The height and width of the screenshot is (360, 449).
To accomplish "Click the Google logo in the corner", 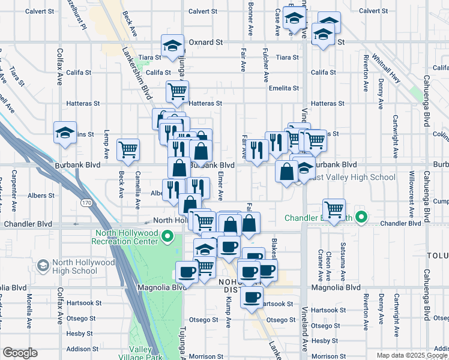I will (20, 353).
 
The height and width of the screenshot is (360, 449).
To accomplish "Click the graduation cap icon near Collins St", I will (65, 133).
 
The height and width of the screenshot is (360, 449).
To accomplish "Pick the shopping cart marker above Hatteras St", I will (178, 92).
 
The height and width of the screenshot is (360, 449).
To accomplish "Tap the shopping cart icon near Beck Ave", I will (128, 150).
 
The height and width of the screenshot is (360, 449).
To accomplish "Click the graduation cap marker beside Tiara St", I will (172, 46).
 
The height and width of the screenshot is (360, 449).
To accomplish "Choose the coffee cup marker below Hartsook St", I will (252, 296).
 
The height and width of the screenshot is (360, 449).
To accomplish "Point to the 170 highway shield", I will (88, 203).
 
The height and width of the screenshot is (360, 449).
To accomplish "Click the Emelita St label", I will (284, 88).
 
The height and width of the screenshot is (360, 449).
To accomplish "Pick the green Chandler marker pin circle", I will (361, 217).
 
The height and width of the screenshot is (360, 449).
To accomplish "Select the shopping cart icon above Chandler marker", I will (334, 209).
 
